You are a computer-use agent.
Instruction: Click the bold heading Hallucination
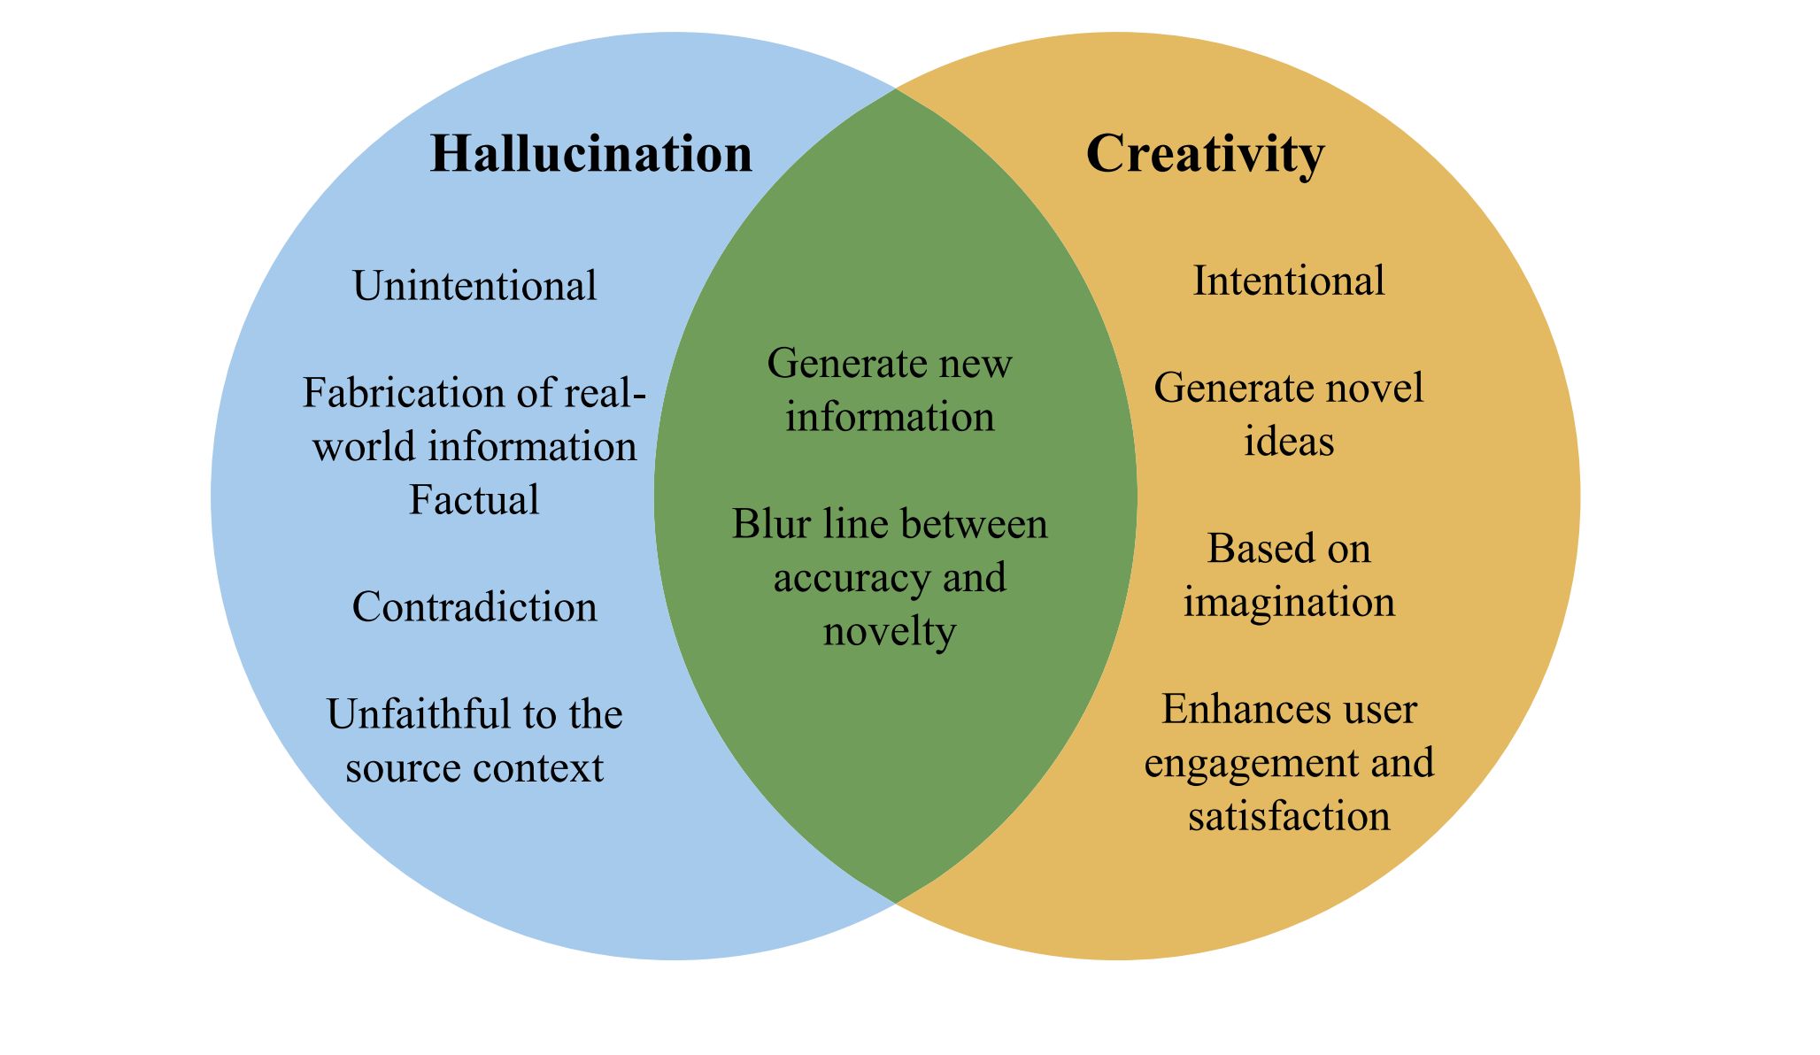pos(590,154)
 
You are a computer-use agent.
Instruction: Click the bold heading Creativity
pos(1205,154)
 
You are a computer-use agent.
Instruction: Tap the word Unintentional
pos(474,286)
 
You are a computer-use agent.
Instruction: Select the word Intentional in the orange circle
pos(1289,281)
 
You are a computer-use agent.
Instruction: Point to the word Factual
pos(474,499)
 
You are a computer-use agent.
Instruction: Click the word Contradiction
pos(474,607)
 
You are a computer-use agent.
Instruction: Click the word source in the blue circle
pos(389,767)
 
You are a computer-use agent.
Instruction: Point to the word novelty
pos(890,632)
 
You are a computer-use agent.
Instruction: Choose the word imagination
pos(1289,603)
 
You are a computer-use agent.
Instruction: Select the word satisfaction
pos(1289,816)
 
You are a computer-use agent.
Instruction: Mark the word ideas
pos(1289,442)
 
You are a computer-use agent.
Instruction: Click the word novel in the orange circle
pos(1385,388)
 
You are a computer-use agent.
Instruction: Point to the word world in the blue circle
pos(365,446)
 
